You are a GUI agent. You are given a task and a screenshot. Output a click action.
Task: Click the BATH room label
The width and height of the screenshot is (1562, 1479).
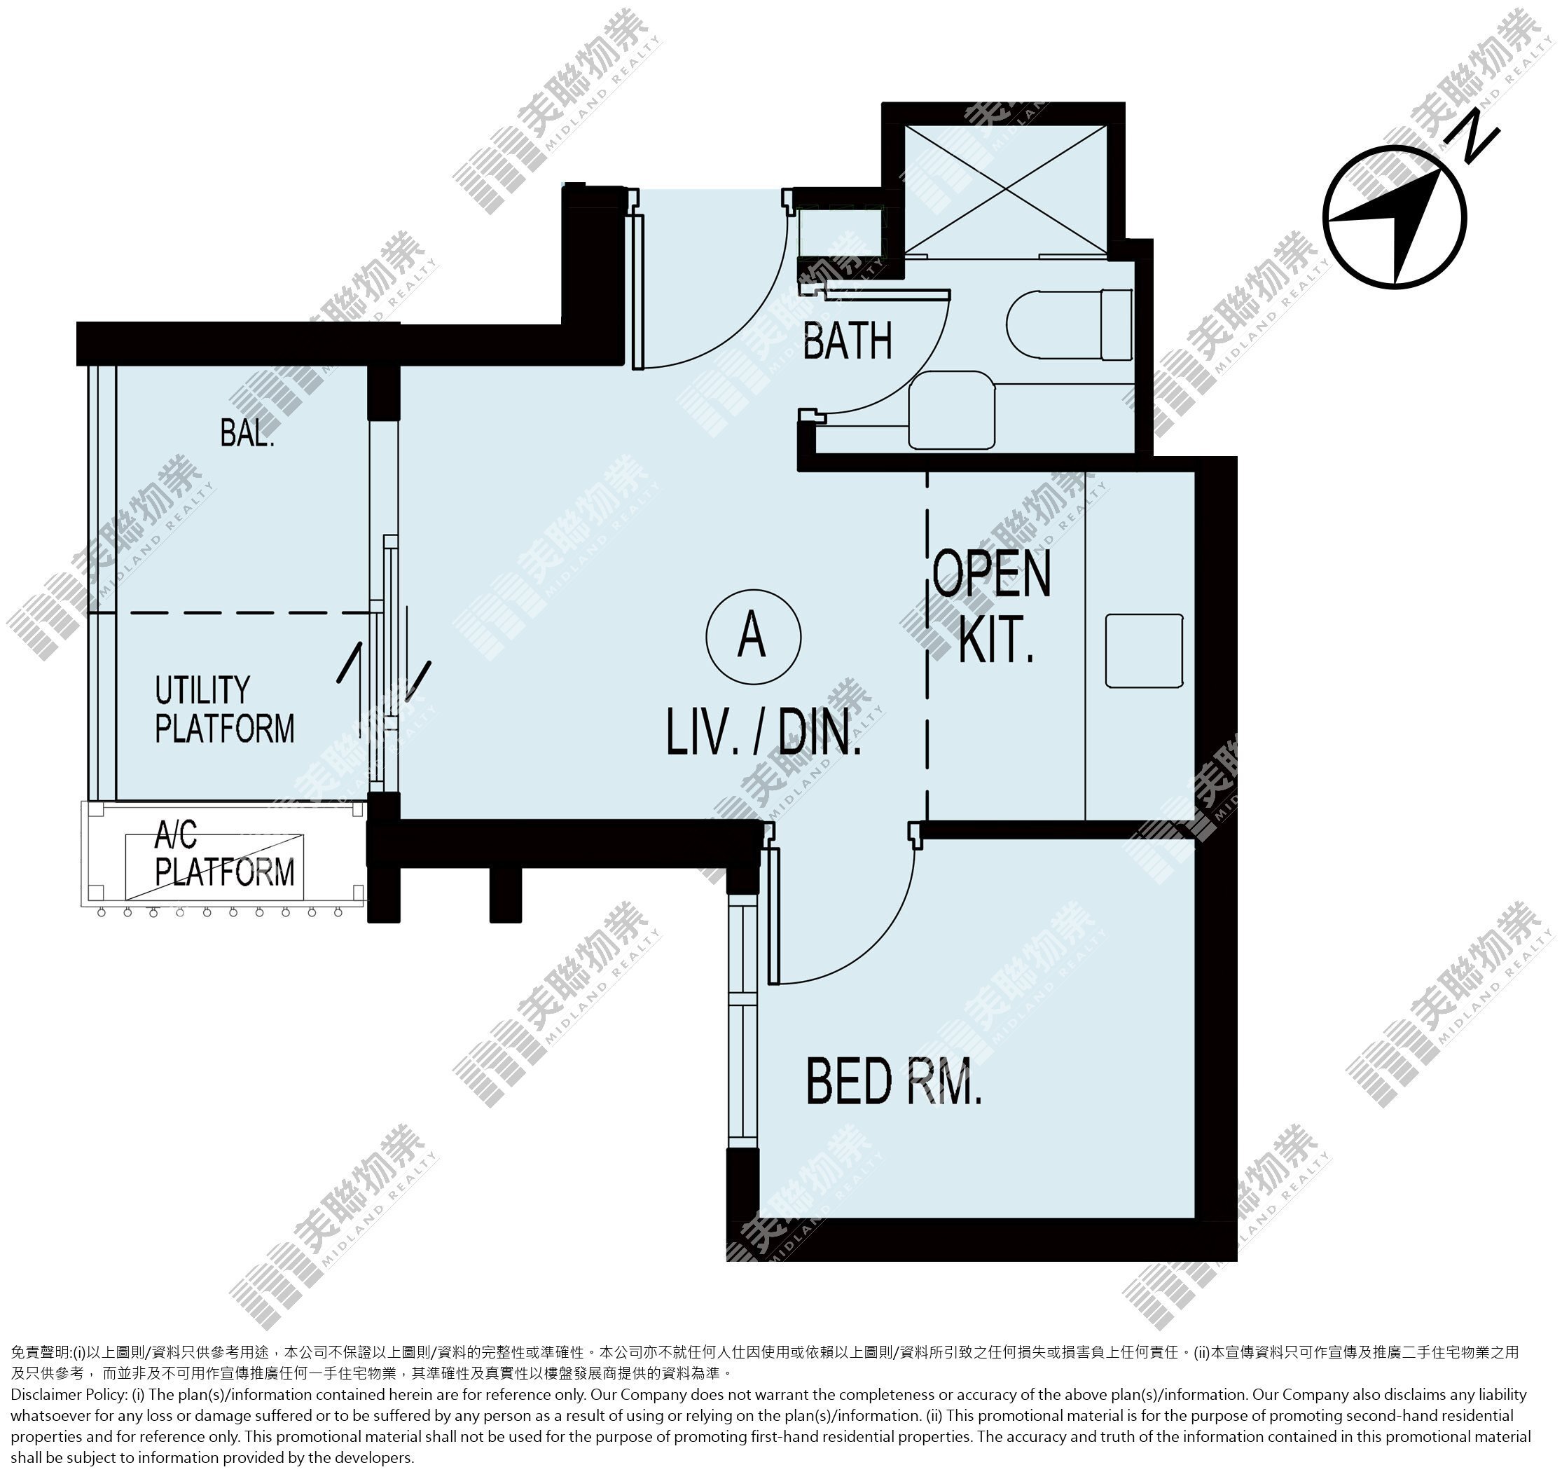[848, 340]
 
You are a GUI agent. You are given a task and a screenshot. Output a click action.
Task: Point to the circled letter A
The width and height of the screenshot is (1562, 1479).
[754, 636]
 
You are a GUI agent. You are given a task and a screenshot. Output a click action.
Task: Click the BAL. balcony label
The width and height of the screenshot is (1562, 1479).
[247, 433]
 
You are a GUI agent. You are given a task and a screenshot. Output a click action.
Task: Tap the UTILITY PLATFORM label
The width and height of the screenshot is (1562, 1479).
[225, 710]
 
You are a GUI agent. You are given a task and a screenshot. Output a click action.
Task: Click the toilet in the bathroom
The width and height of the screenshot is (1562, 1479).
[1070, 325]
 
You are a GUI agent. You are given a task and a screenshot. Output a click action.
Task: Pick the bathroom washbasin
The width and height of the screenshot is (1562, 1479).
[952, 410]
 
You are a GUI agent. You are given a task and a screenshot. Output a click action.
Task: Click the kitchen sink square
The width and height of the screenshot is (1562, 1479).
[1145, 651]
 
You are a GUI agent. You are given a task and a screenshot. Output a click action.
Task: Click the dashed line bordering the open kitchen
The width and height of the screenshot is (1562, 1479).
[927, 647]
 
